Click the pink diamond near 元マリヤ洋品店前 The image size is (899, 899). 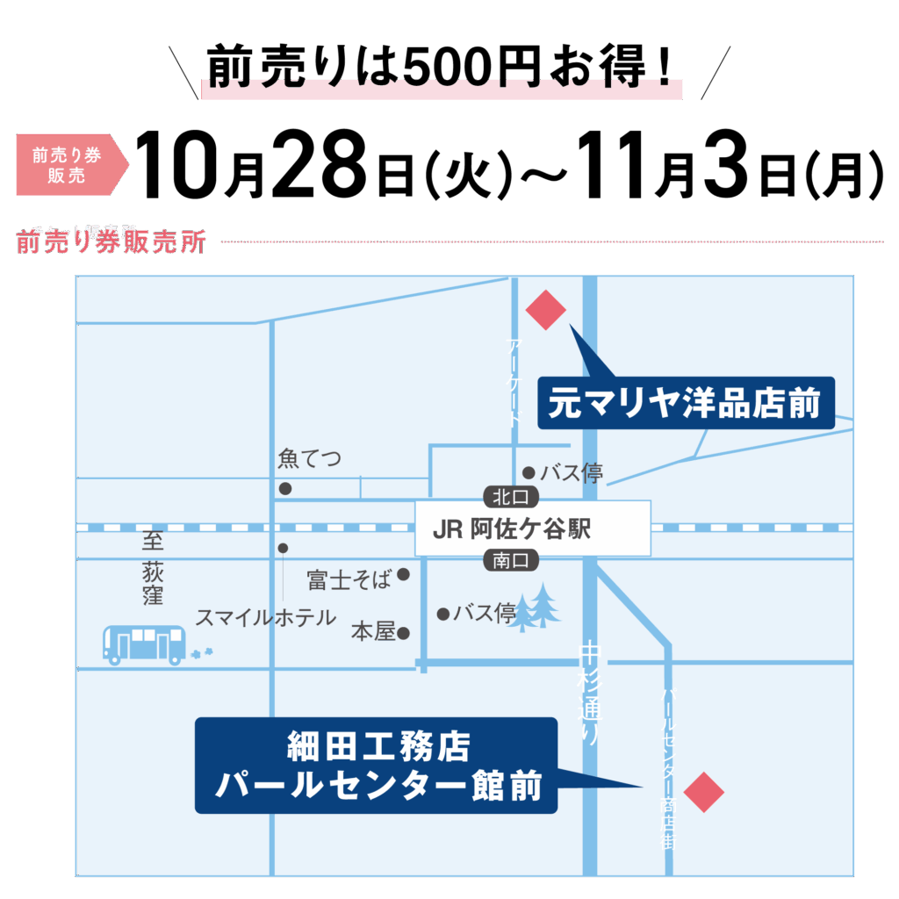(x=545, y=310)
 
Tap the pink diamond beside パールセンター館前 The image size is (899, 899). (x=703, y=793)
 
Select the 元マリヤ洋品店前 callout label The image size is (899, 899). (x=686, y=403)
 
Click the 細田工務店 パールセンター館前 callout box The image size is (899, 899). (x=377, y=766)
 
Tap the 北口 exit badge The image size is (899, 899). (x=510, y=497)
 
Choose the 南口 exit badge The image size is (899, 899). (x=510, y=560)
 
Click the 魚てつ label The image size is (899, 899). (x=309, y=459)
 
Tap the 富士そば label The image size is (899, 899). (x=349, y=579)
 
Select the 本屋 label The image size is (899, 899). (x=373, y=631)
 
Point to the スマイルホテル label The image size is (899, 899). (x=265, y=617)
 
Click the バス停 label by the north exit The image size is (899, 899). (x=571, y=473)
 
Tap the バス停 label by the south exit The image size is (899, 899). (x=485, y=614)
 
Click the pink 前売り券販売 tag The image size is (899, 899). (x=68, y=164)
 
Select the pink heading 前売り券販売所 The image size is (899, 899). (x=111, y=242)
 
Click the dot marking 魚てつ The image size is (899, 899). (x=285, y=488)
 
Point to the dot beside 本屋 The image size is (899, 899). (x=404, y=632)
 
